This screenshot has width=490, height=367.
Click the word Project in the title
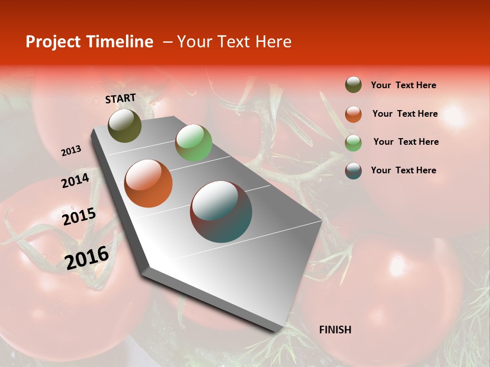pyautogui.click(x=52, y=42)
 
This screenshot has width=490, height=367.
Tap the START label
pyautogui.click(x=120, y=98)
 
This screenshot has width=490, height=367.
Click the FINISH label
pyautogui.click(x=335, y=330)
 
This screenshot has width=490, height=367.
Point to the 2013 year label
pyautogui.click(x=71, y=151)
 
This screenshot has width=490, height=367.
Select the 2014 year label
pyautogui.click(x=75, y=181)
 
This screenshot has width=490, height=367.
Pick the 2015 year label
pyautogui.click(x=79, y=217)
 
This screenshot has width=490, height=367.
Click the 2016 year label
pyautogui.click(x=87, y=257)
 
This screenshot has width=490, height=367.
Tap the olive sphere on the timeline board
pyautogui.click(x=125, y=125)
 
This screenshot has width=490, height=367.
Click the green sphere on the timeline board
pyautogui.click(x=193, y=143)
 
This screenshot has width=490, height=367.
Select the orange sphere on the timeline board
pyautogui.click(x=149, y=183)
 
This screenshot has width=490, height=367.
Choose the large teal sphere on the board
pyautogui.click(x=221, y=212)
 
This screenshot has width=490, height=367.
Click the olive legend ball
pyautogui.click(x=353, y=85)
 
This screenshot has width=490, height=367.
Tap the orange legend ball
pyautogui.click(x=353, y=114)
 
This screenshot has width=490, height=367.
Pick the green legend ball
pyautogui.click(x=353, y=142)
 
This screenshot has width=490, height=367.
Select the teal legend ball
pyautogui.click(x=353, y=170)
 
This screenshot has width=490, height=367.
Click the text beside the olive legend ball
pyautogui.click(x=403, y=86)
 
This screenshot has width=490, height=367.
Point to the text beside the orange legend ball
pyautogui.click(x=405, y=114)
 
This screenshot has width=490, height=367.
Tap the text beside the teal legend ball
pyautogui.click(x=403, y=170)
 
